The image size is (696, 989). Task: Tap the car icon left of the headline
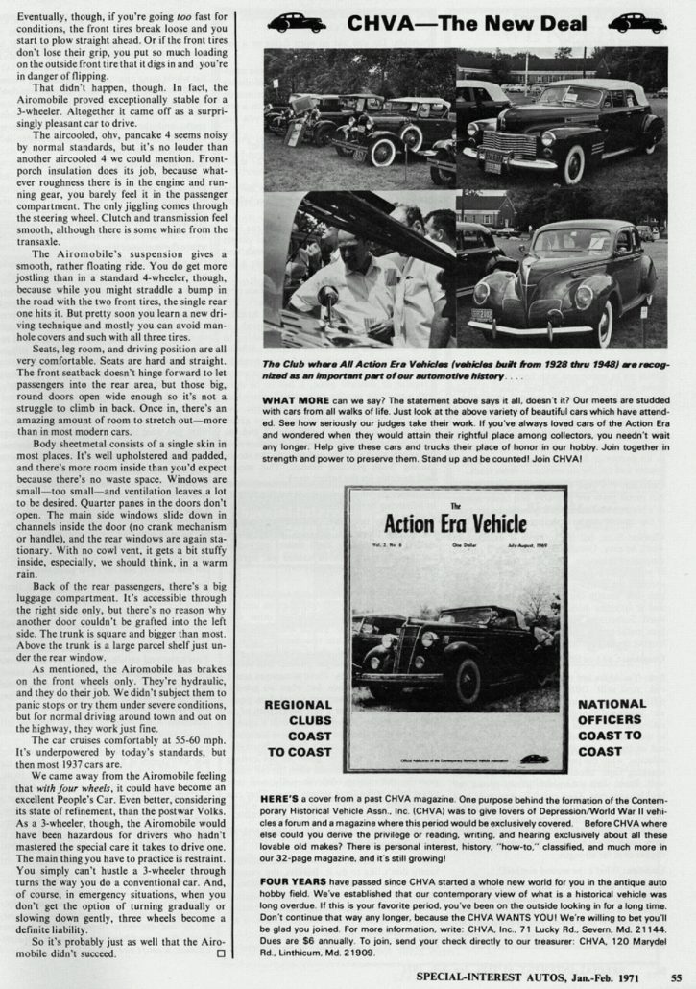[x=297, y=22]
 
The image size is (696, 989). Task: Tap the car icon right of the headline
[x=636, y=22]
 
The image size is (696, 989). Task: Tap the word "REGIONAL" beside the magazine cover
[x=299, y=705]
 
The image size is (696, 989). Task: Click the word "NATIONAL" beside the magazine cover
[x=612, y=705]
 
